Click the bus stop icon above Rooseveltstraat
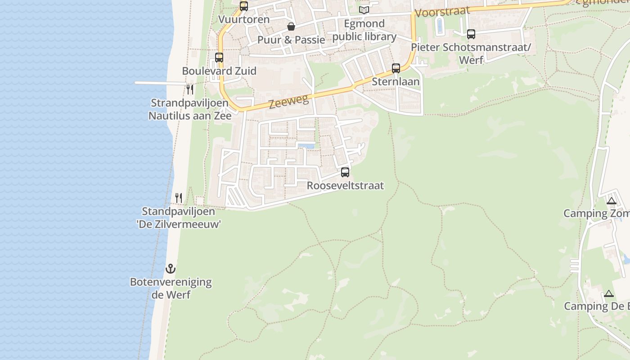(345, 172)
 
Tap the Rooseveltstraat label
(345, 185)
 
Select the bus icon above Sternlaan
(396, 68)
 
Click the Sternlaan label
(396, 81)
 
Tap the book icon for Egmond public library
(364, 10)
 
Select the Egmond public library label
(364, 30)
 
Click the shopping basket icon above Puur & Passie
(291, 27)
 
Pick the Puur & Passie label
(291, 40)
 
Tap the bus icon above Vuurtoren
(244, 6)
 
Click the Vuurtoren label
(244, 19)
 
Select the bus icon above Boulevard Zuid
(219, 58)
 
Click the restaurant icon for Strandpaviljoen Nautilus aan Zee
(190, 89)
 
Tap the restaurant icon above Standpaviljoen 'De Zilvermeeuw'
(179, 198)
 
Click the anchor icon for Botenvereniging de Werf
(171, 269)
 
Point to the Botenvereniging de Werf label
(171, 288)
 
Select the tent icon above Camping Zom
(611, 201)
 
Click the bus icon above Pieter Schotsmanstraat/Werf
(471, 34)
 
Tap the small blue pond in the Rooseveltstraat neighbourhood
(306, 146)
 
